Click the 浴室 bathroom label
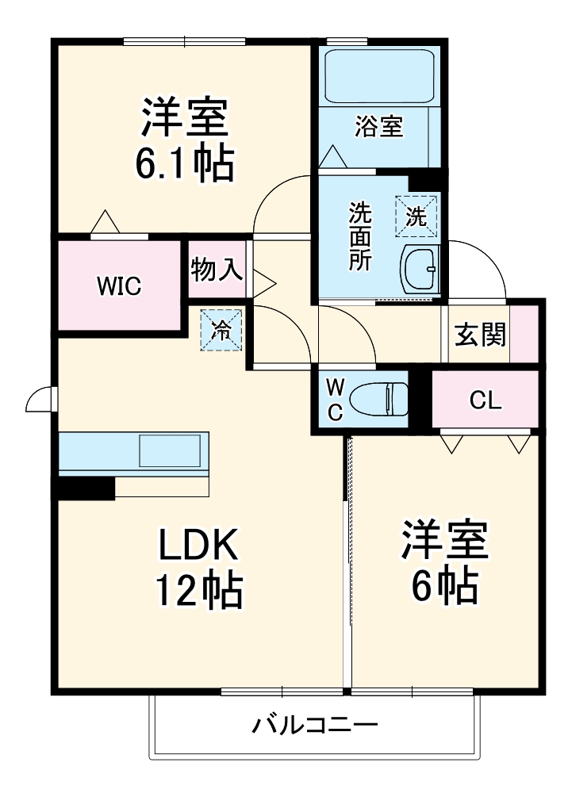point(378,126)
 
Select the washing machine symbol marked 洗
point(416,215)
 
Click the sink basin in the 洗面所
point(420,269)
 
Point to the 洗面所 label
point(360,237)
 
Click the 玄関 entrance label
point(480,335)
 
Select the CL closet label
point(485,401)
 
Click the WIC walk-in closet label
point(119,285)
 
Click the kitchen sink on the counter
point(170,451)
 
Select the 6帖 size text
point(443,584)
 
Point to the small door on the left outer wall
point(40,400)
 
